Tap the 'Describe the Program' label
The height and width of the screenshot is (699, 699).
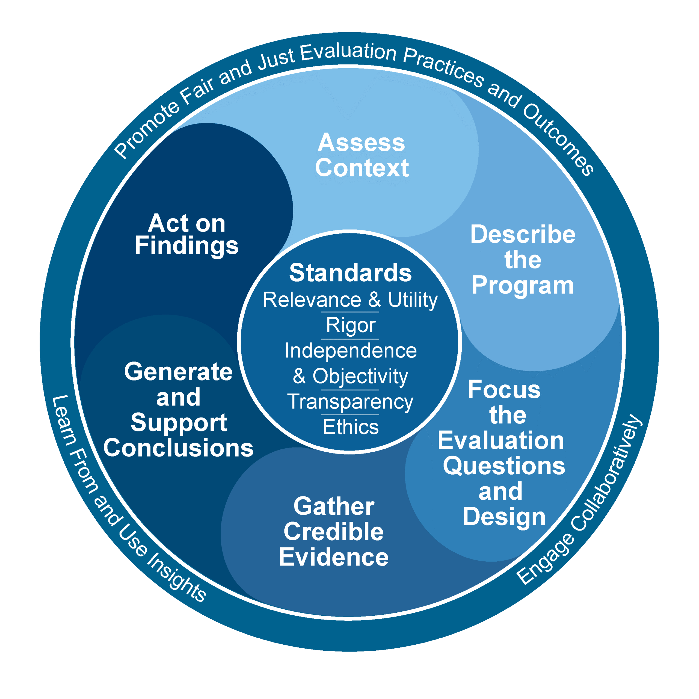click(x=522, y=260)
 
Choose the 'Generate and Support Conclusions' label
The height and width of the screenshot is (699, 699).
click(x=178, y=410)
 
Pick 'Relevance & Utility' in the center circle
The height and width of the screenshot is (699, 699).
click(x=350, y=300)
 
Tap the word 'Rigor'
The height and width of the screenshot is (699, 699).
click(x=350, y=325)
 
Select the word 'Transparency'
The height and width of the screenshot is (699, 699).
click(x=350, y=402)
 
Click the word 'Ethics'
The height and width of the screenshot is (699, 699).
click(x=350, y=427)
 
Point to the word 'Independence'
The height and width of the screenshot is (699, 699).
click(x=350, y=351)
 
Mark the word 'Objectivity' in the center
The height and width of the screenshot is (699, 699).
click(x=360, y=376)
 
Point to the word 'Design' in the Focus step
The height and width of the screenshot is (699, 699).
click(x=504, y=517)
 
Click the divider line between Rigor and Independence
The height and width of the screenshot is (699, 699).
click(x=350, y=339)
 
